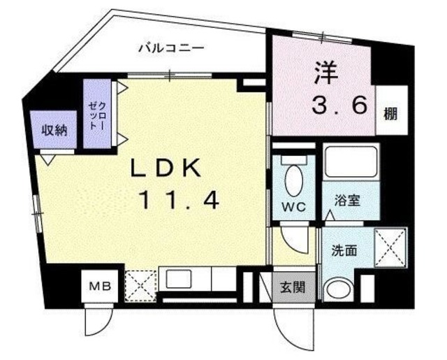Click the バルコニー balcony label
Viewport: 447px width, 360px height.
[x=171, y=48]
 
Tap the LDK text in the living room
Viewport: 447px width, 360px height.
[x=166, y=168]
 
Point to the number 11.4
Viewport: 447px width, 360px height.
[x=179, y=200]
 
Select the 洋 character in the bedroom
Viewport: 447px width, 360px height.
[x=326, y=73]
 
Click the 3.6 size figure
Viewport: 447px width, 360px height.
[x=339, y=105]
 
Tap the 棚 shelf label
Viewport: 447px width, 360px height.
[x=390, y=114]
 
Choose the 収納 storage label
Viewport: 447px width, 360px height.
[x=54, y=131]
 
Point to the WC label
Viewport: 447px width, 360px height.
[x=293, y=207]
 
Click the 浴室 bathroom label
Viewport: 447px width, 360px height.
[x=348, y=200]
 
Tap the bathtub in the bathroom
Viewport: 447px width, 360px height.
[x=351, y=161]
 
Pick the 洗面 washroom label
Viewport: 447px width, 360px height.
[x=344, y=250]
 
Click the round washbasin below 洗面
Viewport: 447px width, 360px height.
[x=338, y=290]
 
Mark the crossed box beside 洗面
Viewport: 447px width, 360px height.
[x=390, y=247]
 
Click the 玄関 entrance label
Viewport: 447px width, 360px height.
[x=293, y=287]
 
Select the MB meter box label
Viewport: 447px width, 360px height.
[x=100, y=285]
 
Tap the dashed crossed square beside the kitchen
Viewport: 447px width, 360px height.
[x=141, y=286]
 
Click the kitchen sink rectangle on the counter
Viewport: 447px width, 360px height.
[x=179, y=279]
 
